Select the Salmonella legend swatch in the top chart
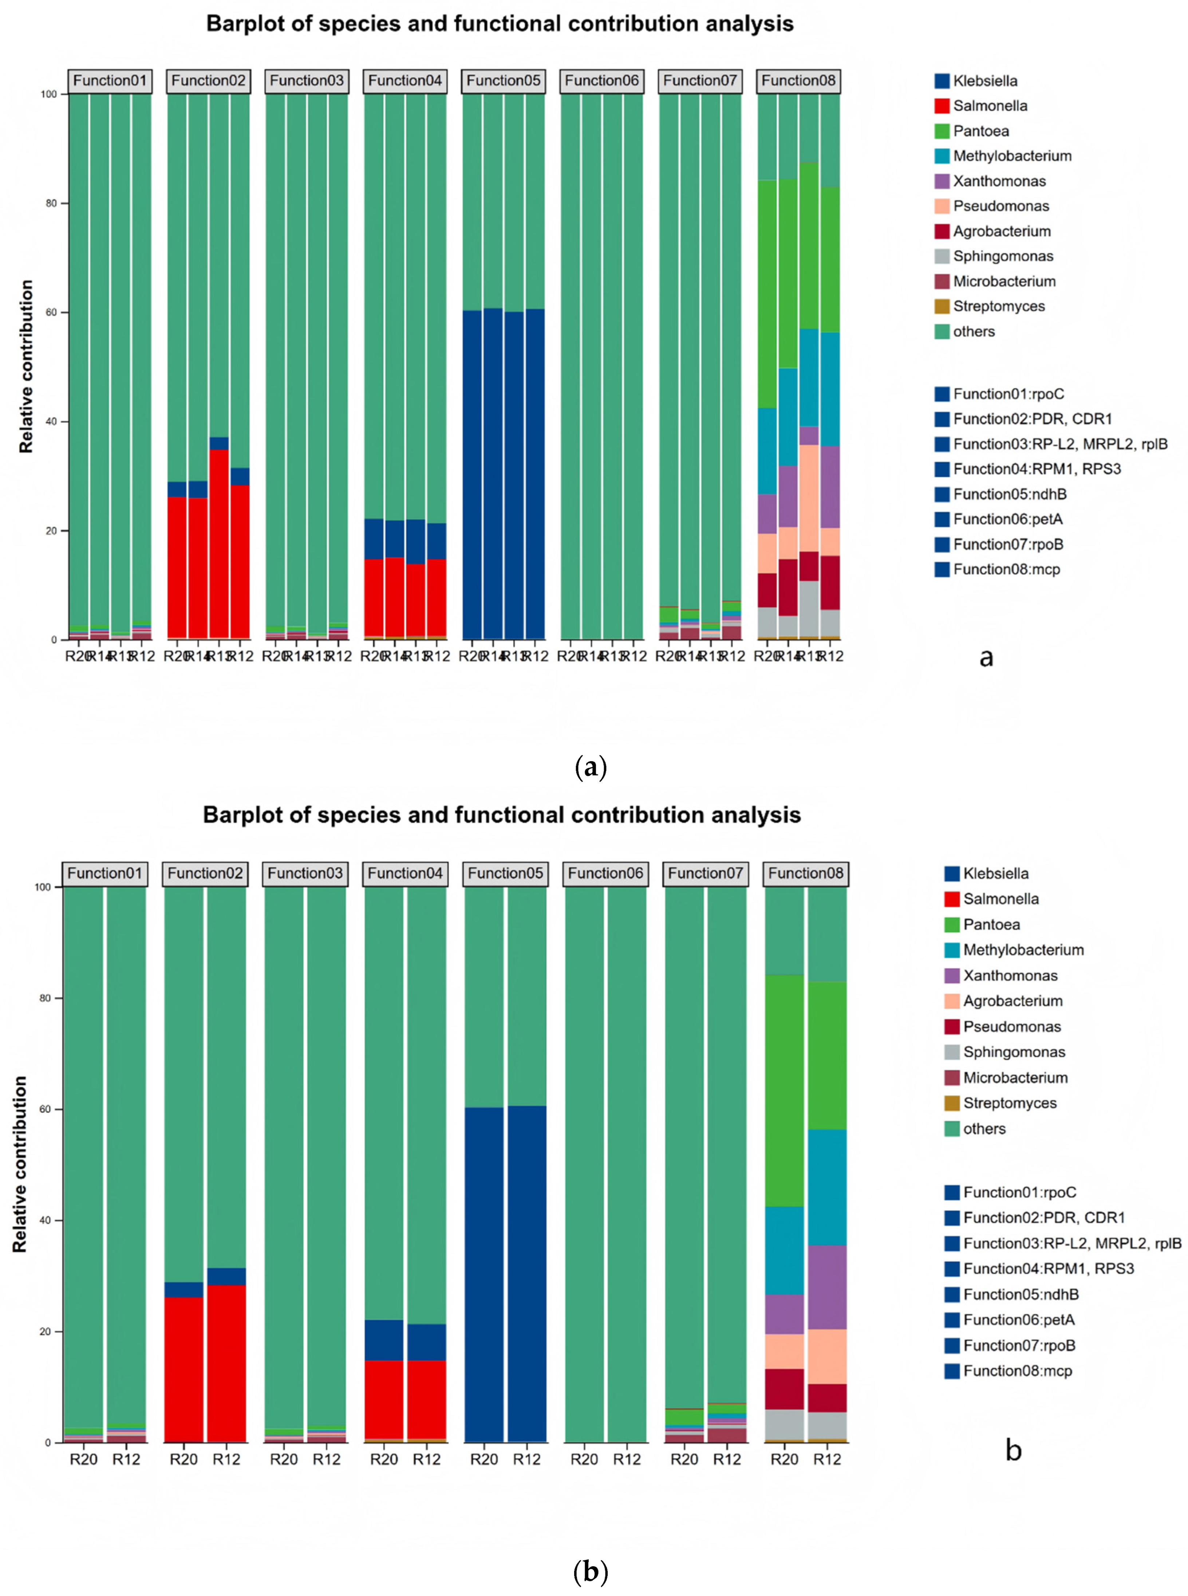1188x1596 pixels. coord(942,106)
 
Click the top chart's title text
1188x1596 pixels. coord(500,24)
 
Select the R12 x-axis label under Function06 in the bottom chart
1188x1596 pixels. coord(626,1459)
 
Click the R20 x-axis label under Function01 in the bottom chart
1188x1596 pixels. coord(83,1459)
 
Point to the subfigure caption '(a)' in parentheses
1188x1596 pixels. coord(591,767)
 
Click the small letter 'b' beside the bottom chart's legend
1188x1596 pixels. coord(1013,1451)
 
